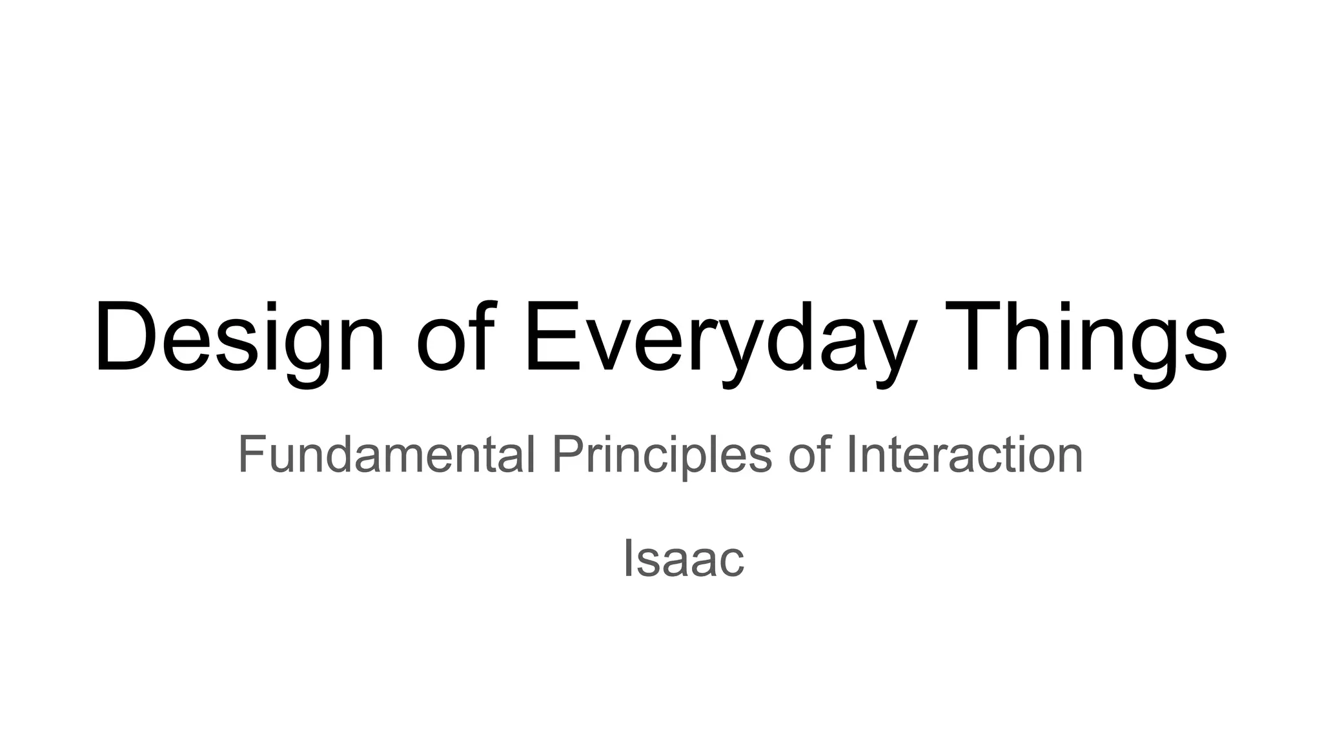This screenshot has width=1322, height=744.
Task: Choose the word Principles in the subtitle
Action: click(662, 455)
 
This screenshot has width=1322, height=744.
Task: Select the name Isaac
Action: click(683, 559)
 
